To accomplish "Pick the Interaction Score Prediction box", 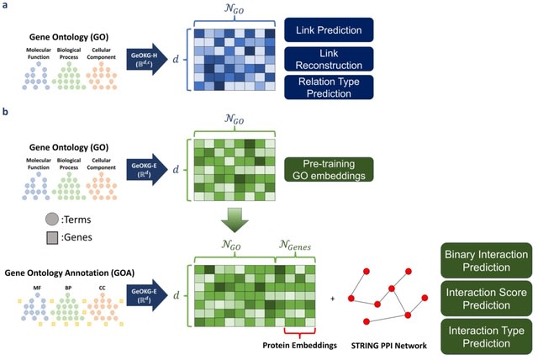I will point(486,294).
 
